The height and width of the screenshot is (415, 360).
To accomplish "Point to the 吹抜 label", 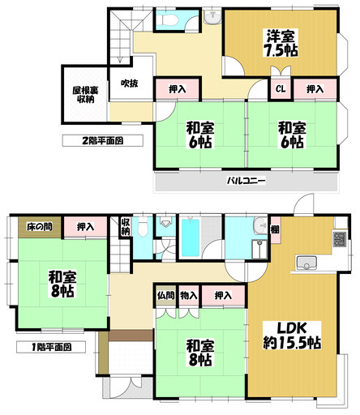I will tap(130, 83).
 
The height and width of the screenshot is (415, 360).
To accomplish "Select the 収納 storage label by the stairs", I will tap(126, 227).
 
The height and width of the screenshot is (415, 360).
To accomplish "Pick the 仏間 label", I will tap(165, 297).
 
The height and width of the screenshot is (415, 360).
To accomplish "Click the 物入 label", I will tap(187, 297).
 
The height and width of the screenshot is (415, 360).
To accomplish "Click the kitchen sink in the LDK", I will tap(307, 263).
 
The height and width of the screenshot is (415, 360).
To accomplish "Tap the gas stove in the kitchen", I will tap(339, 240).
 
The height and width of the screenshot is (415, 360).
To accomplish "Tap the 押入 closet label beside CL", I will tap(315, 91).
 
